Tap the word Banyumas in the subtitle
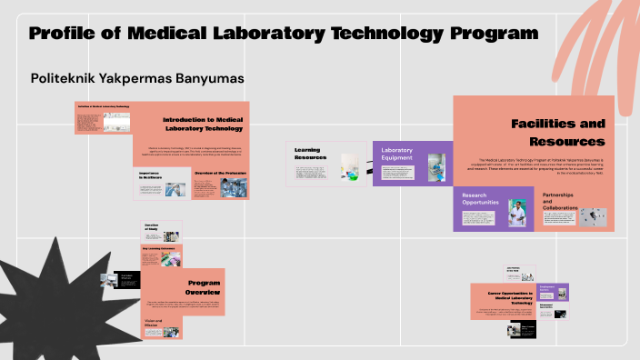(208, 79)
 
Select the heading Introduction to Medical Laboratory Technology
(203, 125)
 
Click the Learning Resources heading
(309, 153)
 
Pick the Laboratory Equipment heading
(397, 154)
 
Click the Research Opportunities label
(481, 200)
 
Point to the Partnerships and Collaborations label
(560, 202)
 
